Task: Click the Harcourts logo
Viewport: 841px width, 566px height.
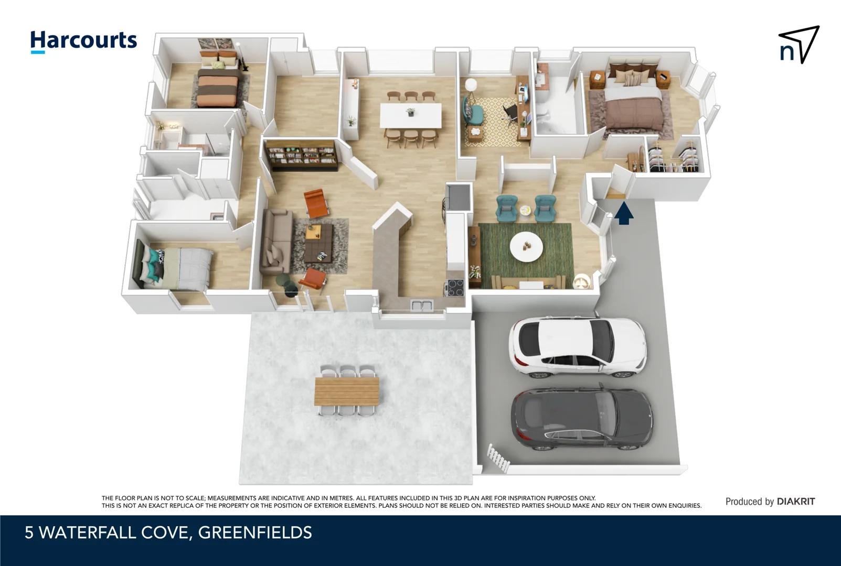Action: (x=83, y=41)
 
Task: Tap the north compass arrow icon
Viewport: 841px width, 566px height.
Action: (x=799, y=45)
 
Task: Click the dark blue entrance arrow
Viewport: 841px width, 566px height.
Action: (x=623, y=213)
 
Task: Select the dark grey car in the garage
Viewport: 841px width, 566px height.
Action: (x=581, y=419)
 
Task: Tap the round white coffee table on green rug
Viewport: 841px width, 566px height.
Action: (x=526, y=247)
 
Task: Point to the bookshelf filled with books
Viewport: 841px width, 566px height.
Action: (x=301, y=155)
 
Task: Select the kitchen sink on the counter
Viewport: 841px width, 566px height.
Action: (x=421, y=305)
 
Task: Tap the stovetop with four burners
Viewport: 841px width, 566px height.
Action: (x=455, y=288)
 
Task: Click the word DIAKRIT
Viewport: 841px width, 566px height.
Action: (x=796, y=502)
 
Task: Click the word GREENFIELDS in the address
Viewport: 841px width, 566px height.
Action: (x=255, y=532)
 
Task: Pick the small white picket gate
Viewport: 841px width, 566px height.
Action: (x=498, y=458)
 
